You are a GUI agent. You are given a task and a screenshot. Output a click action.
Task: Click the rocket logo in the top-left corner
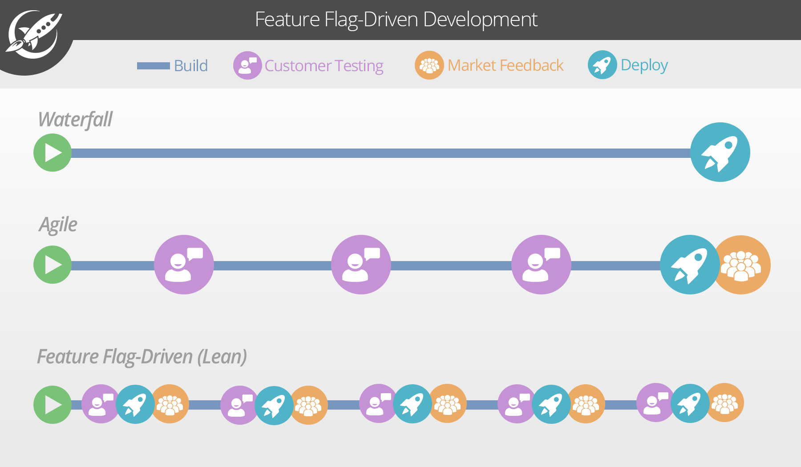pos(33,35)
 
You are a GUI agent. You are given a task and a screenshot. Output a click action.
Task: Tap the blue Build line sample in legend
pos(153,66)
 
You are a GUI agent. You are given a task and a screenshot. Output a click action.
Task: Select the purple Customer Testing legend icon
pos(247,65)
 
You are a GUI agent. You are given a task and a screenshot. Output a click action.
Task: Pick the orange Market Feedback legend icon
pos(429,65)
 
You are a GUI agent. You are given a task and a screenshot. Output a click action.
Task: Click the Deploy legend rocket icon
pos(602,65)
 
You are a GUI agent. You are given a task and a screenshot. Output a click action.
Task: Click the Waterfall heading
pos(75,120)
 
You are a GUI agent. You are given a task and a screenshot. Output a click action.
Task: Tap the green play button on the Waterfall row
pos(53,153)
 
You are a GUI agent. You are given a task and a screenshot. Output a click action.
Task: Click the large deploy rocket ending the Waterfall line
pos(720,152)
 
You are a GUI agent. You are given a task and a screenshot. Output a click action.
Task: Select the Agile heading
pos(58,225)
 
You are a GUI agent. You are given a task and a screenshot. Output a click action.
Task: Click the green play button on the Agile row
pos(53,265)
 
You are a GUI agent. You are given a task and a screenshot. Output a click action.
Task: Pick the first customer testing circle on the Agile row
pos(184,265)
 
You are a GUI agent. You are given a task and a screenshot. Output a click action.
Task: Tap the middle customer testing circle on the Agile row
pos(361,265)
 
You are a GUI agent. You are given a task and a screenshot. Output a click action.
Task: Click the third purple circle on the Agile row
pos(541,265)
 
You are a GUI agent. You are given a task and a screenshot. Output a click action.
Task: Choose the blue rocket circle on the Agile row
pos(689,265)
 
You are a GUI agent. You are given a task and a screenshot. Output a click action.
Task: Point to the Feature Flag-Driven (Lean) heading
pos(142,357)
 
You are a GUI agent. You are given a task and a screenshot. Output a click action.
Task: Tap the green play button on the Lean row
pos(53,405)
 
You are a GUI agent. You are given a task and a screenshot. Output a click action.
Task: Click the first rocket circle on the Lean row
pos(135,404)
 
